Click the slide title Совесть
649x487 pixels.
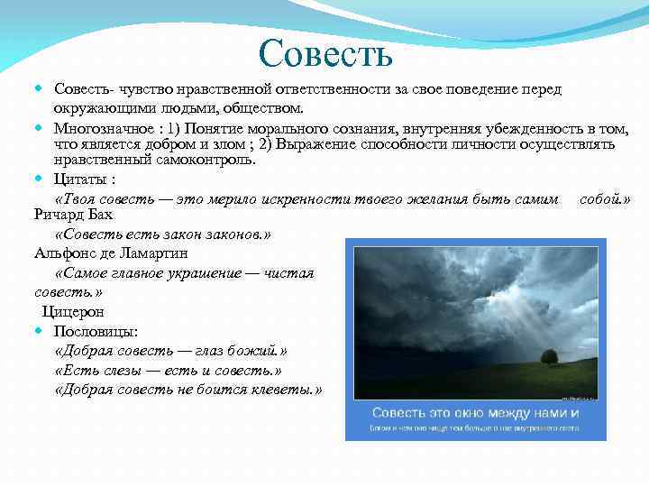pyautogui.click(x=324, y=53)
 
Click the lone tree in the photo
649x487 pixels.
pyautogui.click(x=547, y=356)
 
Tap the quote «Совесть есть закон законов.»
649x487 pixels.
pyautogui.click(x=162, y=234)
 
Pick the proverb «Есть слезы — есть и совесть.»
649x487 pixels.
pyautogui.click(x=168, y=371)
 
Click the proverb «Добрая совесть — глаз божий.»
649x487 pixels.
pyautogui.click(x=170, y=351)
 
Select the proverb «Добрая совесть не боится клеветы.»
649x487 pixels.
pyautogui.click(x=187, y=390)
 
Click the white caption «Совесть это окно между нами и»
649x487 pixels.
pyautogui.click(x=475, y=412)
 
